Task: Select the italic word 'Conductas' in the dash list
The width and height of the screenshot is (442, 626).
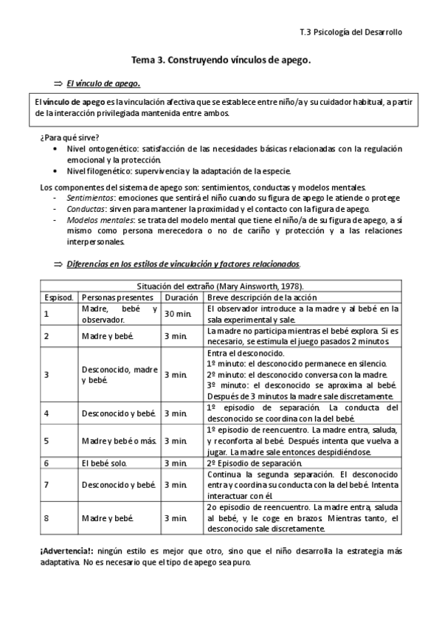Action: [85, 209]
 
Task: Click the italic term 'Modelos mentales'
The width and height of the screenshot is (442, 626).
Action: [95, 220]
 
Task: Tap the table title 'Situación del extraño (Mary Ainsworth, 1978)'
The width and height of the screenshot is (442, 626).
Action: [221, 286]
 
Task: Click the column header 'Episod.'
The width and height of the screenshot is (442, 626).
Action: [58, 297]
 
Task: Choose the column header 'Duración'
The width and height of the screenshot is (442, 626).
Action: [182, 297]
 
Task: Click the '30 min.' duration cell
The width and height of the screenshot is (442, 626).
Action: [178, 314]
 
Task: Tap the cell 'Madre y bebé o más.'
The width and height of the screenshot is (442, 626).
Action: [119, 441]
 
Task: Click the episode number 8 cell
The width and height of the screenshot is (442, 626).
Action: [46, 518]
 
